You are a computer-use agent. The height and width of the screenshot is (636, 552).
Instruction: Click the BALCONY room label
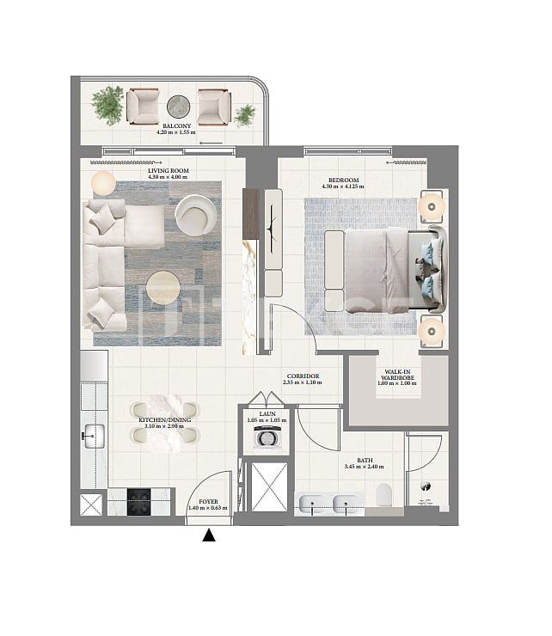[176, 125]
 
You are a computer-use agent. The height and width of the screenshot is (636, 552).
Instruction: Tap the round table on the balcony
[178, 106]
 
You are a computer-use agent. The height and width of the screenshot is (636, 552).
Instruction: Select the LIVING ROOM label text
[167, 171]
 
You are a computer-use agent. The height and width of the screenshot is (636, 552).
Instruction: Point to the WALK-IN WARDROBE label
[396, 375]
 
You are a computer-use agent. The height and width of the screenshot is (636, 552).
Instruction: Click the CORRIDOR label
[304, 376]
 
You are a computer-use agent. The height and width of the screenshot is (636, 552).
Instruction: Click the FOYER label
[207, 502]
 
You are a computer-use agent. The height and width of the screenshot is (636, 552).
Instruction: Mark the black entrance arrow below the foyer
[208, 536]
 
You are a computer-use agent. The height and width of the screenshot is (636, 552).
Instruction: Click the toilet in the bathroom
[383, 495]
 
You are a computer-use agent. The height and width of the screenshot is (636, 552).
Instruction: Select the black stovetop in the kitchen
[139, 501]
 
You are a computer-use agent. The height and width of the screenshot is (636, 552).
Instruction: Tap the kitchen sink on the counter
[89, 436]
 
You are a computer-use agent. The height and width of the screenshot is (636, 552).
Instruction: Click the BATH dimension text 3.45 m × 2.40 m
[365, 467]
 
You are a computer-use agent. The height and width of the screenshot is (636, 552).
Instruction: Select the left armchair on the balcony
[143, 106]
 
